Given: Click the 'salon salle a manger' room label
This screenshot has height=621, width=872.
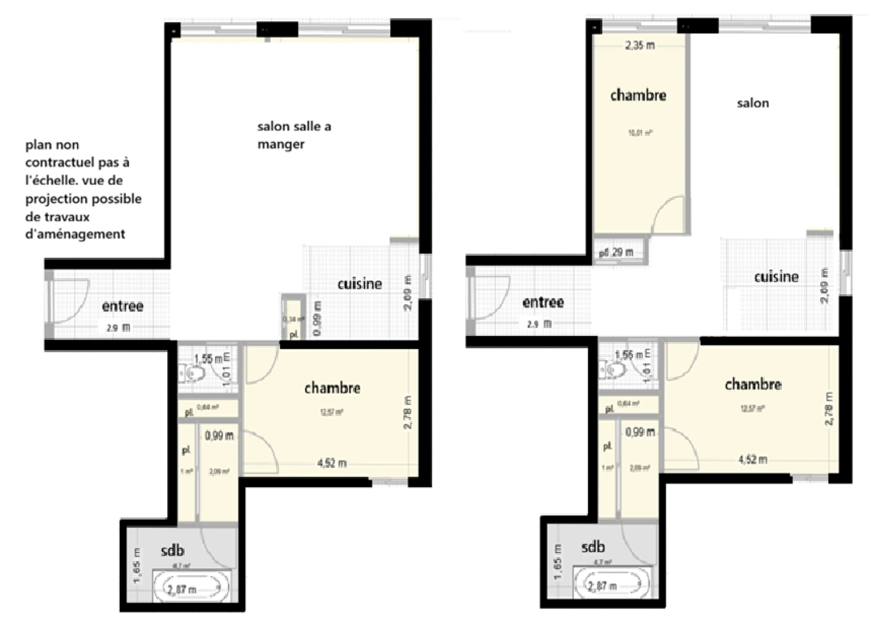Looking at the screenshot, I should coord(294,135).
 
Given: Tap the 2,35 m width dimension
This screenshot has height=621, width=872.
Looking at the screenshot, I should coord(639,45).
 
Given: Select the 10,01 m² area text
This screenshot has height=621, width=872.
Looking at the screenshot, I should coord(639,133).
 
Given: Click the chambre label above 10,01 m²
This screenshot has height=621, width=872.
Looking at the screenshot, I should coord(638,95).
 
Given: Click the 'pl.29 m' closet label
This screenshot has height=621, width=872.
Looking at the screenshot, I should coord(616,252).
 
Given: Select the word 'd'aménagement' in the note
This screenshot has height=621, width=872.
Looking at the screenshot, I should coord(75,234).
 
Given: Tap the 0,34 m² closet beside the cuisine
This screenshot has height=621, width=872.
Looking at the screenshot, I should coord(293,318).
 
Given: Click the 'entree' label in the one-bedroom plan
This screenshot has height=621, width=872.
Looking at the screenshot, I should coord(122,306).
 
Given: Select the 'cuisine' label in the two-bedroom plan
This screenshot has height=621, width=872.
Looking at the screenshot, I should coord(776,277).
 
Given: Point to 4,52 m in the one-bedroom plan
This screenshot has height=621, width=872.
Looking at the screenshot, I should coord(332,463).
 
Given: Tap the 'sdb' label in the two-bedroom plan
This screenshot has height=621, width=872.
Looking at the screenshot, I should coord(593,546).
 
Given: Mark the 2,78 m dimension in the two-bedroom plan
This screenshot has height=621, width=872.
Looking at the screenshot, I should coord(828,409).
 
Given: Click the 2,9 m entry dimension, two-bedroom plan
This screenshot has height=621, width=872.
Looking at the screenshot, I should coord(539,324).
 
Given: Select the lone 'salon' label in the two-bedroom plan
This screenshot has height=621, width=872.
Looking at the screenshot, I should coord(752,103).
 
